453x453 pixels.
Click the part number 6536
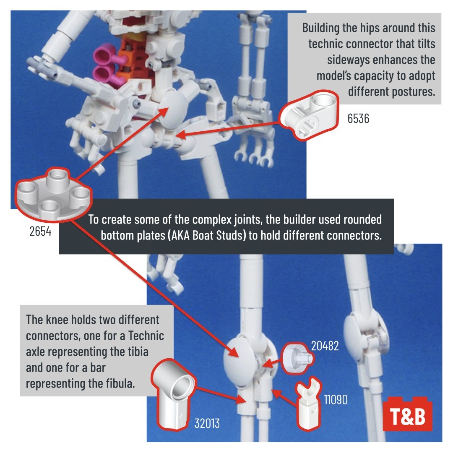pos(358,118)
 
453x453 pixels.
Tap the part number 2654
pos(40,231)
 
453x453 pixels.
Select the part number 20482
pos(325,346)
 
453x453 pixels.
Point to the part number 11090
pos(336,400)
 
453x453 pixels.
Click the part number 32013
pos(207,424)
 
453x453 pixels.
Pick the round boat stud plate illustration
pos(54,195)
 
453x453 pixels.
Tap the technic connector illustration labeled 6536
pos(309,115)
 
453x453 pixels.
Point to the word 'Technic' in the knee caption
pos(146,336)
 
